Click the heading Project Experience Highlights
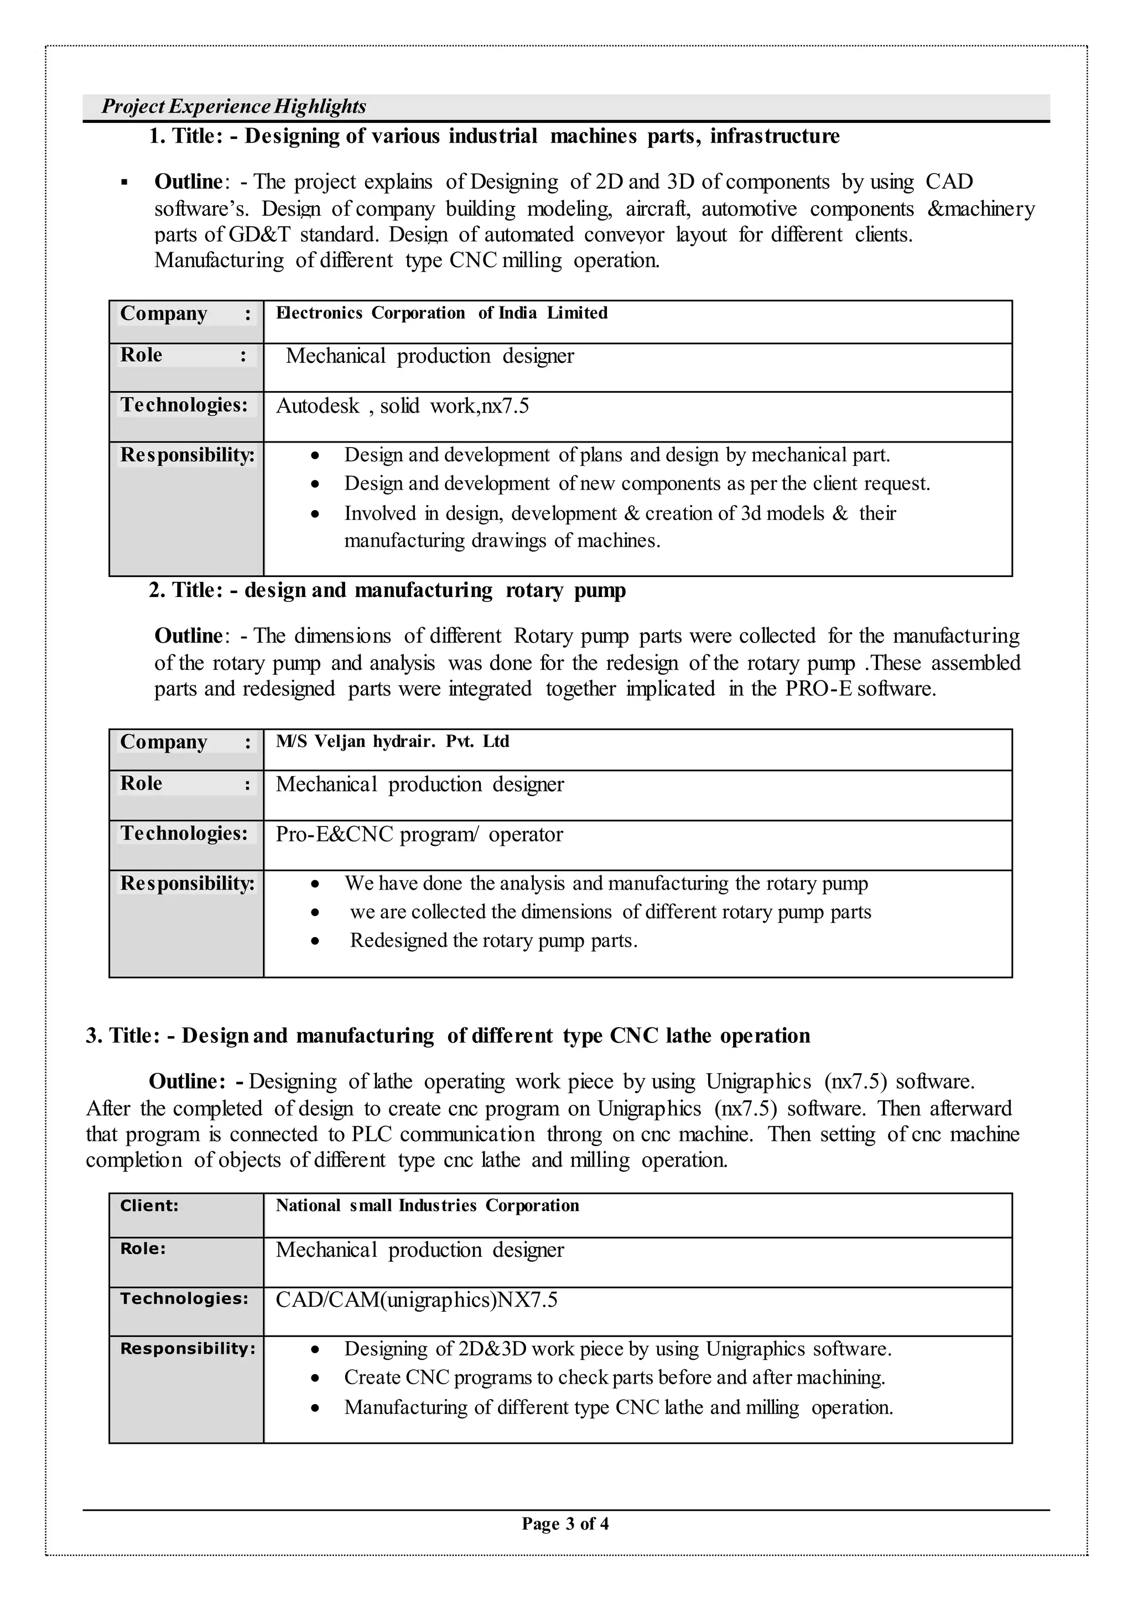(233, 106)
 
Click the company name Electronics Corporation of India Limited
(441, 313)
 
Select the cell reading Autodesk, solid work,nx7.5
(403, 406)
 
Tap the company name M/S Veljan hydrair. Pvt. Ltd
(392, 741)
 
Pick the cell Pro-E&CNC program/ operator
(419, 834)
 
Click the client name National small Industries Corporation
(427, 1205)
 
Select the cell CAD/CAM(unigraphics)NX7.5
(417, 1299)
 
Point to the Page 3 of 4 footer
(565, 1524)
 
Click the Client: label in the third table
(149, 1205)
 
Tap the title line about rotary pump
(387, 590)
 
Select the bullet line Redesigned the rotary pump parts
(493, 940)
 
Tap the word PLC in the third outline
(372, 1134)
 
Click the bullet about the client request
(636, 484)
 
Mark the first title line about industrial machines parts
(494, 136)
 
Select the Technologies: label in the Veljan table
(184, 833)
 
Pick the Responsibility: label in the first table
(187, 455)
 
